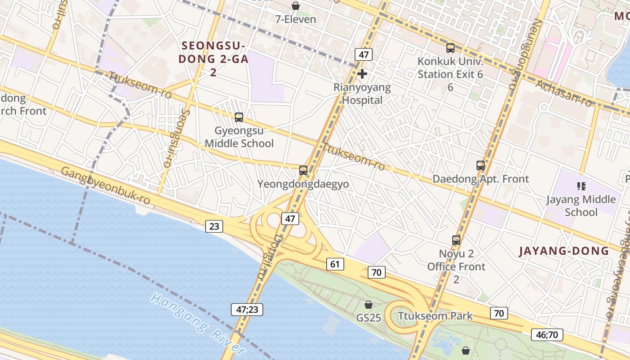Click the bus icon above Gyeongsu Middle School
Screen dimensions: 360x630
tap(239, 117)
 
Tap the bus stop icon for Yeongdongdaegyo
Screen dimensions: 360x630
tap(303, 171)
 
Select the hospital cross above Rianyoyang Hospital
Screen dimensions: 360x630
tap(362, 74)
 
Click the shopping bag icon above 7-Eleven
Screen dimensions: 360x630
tap(296, 6)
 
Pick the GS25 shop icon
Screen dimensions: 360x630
tap(369, 305)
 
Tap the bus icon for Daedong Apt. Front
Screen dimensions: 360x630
tap(481, 166)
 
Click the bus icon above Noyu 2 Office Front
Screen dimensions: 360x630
tap(456, 240)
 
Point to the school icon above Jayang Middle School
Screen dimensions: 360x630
tap(581, 186)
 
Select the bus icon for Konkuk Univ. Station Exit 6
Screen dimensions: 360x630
tap(450, 48)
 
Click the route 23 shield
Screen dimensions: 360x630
tap(214, 226)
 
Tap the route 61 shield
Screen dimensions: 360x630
tap(335, 264)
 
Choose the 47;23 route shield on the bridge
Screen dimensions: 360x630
tap(247, 310)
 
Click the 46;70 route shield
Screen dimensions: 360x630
tap(547, 334)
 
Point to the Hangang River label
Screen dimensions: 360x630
tap(198, 323)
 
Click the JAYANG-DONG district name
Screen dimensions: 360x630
tap(563, 251)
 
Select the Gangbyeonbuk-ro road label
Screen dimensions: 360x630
tap(105, 186)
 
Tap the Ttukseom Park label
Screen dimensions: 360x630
tap(435, 316)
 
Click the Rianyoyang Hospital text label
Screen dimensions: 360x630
tap(362, 94)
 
